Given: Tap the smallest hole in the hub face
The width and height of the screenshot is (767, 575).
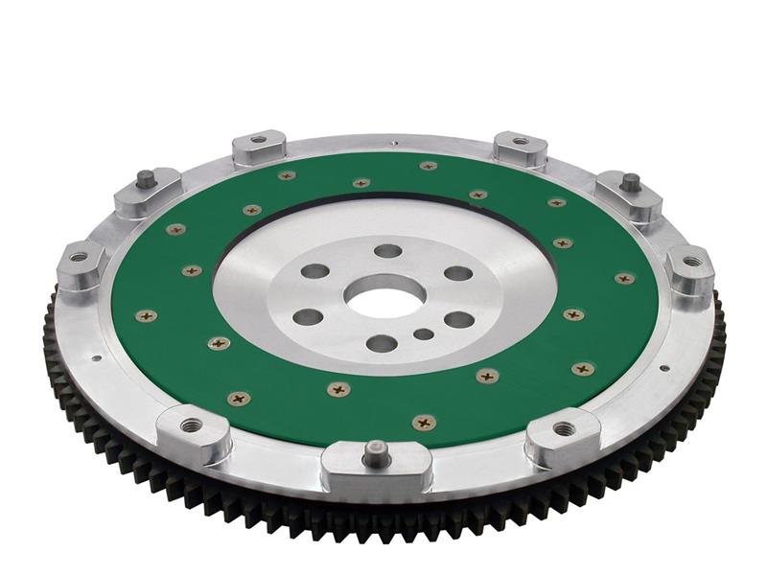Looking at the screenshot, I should tap(422, 334).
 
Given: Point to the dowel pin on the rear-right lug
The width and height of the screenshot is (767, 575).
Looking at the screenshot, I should tap(630, 180).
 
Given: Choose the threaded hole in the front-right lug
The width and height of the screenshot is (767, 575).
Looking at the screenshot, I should tap(564, 428).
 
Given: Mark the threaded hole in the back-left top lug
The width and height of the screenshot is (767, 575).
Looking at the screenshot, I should tap(256, 140).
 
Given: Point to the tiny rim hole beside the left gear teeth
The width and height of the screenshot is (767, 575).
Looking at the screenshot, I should tap(96, 359).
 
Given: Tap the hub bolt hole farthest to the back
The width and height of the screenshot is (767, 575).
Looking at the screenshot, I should tap(387, 251).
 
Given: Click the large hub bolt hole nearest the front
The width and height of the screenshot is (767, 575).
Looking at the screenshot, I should tap(381, 343).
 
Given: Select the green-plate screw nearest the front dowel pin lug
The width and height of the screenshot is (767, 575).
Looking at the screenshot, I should tap(423, 422).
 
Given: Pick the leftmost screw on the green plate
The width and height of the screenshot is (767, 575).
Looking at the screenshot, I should tap(146, 314).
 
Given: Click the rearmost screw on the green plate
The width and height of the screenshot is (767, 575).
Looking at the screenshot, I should tap(428, 166).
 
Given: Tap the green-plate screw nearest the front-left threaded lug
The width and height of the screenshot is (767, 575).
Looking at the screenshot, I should tap(237, 398).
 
